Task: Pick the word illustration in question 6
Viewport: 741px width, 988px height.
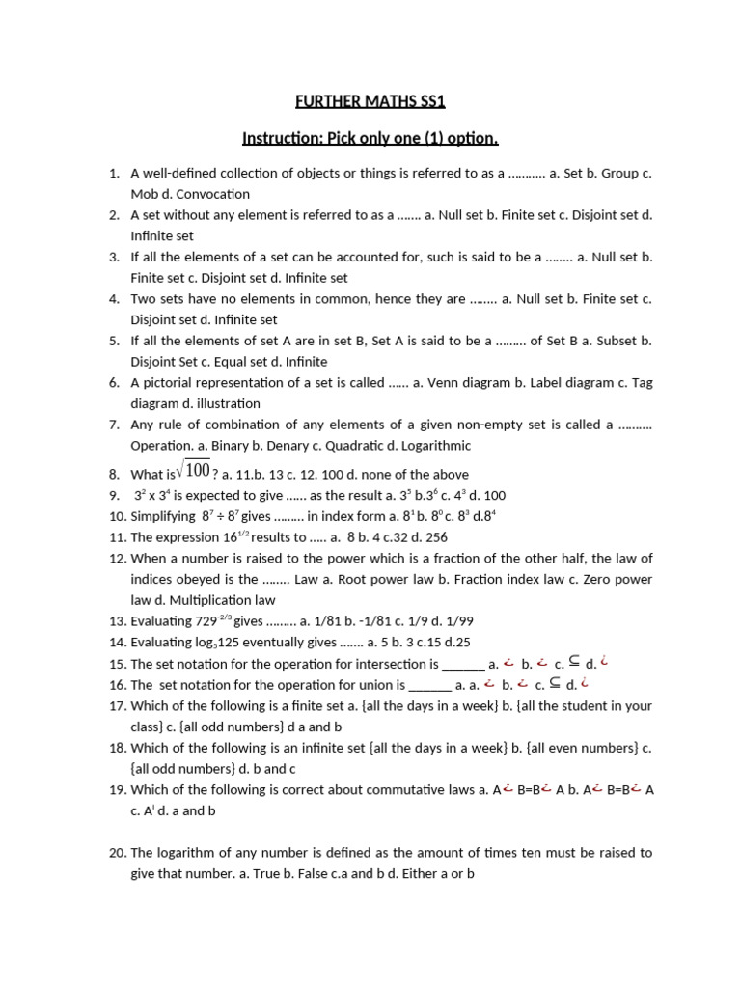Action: click(x=228, y=403)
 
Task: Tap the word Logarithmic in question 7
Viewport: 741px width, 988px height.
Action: click(x=430, y=446)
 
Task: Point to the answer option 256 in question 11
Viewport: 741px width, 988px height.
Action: click(x=435, y=537)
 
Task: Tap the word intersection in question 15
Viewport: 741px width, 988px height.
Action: click(x=392, y=664)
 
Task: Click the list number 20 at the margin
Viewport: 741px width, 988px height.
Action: click(x=117, y=853)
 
